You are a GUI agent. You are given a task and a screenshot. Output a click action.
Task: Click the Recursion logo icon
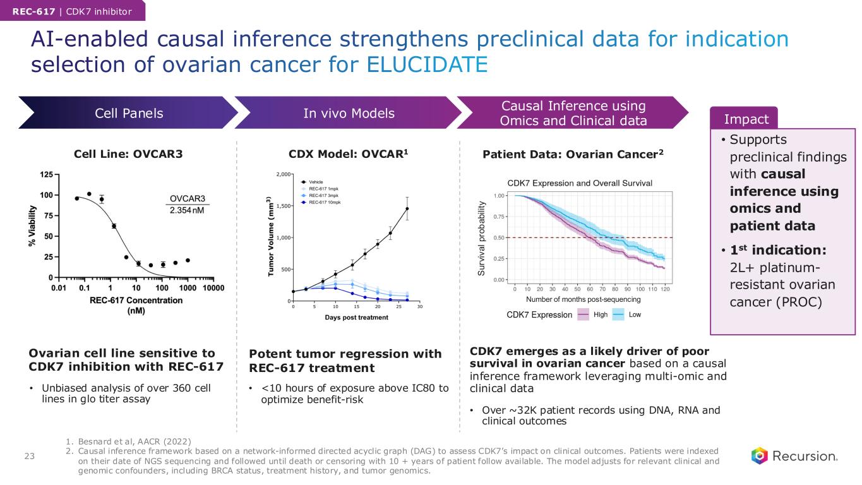click(x=760, y=455)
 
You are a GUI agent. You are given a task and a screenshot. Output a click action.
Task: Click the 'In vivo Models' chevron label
click(x=349, y=113)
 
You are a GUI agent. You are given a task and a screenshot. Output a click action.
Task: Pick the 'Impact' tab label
click(x=746, y=119)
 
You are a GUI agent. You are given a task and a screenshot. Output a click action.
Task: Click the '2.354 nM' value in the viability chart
click(x=188, y=210)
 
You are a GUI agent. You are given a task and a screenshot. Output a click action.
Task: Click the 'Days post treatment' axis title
click(x=356, y=317)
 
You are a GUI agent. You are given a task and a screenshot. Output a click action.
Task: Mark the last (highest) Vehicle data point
click(x=407, y=208)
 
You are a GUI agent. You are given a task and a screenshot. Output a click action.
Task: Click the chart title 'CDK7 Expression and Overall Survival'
click(x=580, y=183)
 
